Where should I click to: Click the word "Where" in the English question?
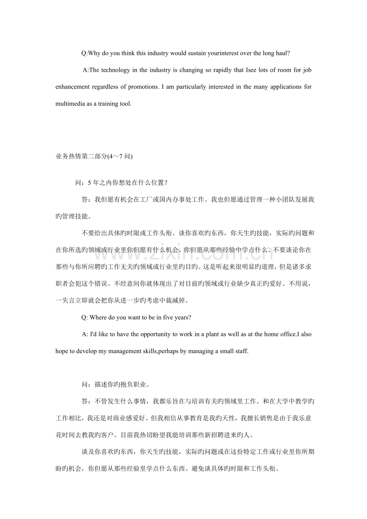(99, 318)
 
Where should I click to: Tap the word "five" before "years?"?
(169, 318)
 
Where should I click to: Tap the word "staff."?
(241, 351)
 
